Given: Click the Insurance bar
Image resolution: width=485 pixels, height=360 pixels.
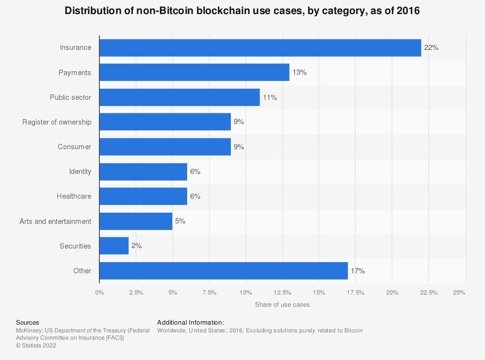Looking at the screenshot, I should coord(260,47).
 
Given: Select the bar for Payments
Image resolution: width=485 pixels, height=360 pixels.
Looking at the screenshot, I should coord(194,72).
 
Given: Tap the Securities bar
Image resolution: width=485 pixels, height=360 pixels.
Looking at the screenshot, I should coord(114,246).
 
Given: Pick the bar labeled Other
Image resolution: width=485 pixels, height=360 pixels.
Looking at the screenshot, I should coord(223,271).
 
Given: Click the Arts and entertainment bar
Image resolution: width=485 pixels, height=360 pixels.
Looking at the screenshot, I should coord(136,221).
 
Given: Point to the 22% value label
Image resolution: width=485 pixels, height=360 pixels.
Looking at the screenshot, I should coord(431,47).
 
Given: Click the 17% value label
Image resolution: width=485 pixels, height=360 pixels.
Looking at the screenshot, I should coord(357,271).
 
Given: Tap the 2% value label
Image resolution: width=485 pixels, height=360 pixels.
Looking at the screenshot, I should coord(136,246).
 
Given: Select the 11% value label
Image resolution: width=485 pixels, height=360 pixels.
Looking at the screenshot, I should coord(270,97).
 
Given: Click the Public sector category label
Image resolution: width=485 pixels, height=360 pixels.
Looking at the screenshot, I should coord(70,97).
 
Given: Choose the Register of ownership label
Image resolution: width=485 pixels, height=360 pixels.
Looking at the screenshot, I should coord(57,122).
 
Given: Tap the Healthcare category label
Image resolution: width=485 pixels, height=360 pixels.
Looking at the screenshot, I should coord(74,196).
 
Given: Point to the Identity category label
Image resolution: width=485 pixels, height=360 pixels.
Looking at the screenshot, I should coord(80,172).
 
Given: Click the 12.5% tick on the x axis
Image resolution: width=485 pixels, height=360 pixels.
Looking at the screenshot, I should coord(282,292).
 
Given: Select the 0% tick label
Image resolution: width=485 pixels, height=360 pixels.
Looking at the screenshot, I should coord(99,292).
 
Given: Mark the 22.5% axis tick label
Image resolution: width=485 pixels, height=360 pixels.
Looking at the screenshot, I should coord(429,292).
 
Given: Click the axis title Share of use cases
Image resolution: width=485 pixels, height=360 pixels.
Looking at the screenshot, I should coord(282,305).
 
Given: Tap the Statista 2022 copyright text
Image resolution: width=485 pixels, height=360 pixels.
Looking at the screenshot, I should coord(36,345).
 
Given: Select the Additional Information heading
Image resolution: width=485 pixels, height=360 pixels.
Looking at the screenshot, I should coord(190,322).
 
